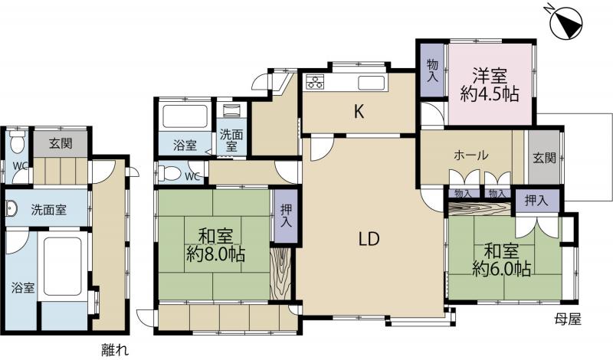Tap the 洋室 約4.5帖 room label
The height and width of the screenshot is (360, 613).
coord(490,85)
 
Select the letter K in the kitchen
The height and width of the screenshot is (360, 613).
coord(359,112)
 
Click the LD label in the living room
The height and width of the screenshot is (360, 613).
coord(369,238)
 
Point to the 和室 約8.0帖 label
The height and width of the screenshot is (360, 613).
coord(215,245)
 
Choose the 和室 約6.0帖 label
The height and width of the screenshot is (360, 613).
coord(502,260)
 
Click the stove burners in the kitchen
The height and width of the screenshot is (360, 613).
coord(315,82)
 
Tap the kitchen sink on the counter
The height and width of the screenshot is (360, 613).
coord(371,83)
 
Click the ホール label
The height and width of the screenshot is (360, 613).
coord(471,155)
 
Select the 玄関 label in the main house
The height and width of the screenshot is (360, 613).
coord(544,158)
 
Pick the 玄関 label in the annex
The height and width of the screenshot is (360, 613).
coord(61,143)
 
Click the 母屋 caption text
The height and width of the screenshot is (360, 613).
coord(568,319)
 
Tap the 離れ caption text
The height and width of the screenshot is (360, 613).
coord(114,349)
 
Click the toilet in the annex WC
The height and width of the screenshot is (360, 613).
coord(17,142)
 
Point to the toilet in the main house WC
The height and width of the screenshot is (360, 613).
coord(169,173)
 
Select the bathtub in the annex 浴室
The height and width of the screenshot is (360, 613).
coord(62,267)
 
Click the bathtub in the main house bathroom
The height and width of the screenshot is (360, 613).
coord(185,116)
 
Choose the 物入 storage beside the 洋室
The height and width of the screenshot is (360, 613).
coord(432,70)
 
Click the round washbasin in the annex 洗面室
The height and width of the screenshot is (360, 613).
coord(10,210)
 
